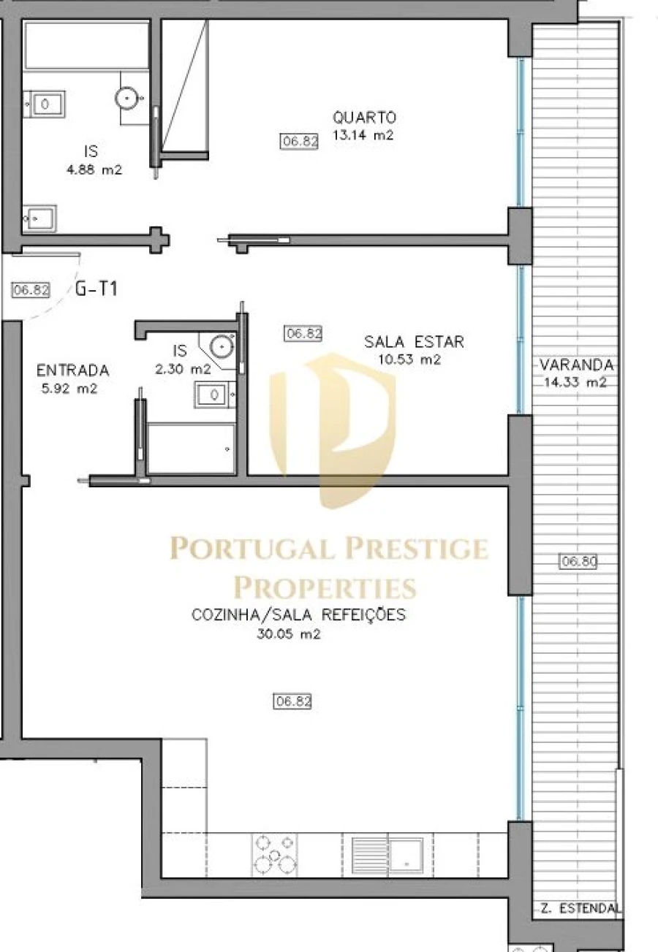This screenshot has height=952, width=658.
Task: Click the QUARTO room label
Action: coord(364,117)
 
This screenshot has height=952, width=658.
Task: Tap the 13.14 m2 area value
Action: coord(363,134)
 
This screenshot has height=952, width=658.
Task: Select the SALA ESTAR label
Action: coord(414,341)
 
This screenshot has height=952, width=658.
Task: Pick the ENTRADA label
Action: coord(72,370)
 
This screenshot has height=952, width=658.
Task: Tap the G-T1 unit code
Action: coord(97,289)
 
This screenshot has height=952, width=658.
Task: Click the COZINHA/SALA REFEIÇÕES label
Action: coord(298,614)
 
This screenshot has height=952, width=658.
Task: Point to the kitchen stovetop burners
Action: coord(275,853)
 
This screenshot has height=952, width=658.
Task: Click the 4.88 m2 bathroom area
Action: coord(92,170)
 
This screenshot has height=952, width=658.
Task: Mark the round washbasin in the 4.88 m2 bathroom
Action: coord(128,96)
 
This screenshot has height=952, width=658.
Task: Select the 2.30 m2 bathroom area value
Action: coord(183,370)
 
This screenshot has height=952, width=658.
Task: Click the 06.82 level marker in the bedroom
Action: coord(300,142)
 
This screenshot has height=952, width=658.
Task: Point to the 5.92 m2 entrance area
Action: coord(69,388)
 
